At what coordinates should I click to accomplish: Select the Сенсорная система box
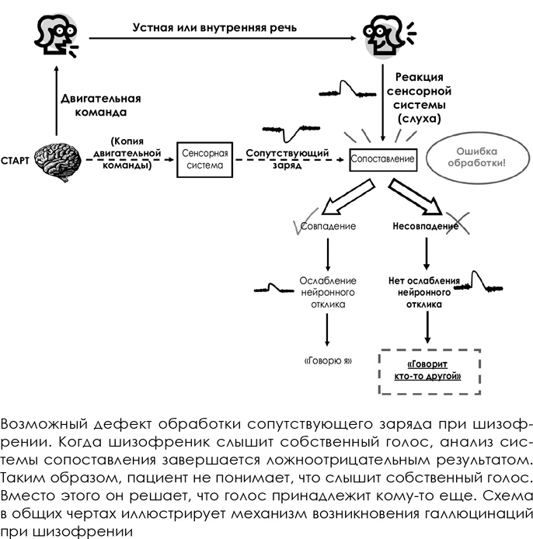pos(201,159)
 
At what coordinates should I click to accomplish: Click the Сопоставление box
pos(382,158)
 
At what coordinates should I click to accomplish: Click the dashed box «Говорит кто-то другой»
pos(429,370)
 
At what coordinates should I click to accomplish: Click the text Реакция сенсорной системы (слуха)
pos(420,98)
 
